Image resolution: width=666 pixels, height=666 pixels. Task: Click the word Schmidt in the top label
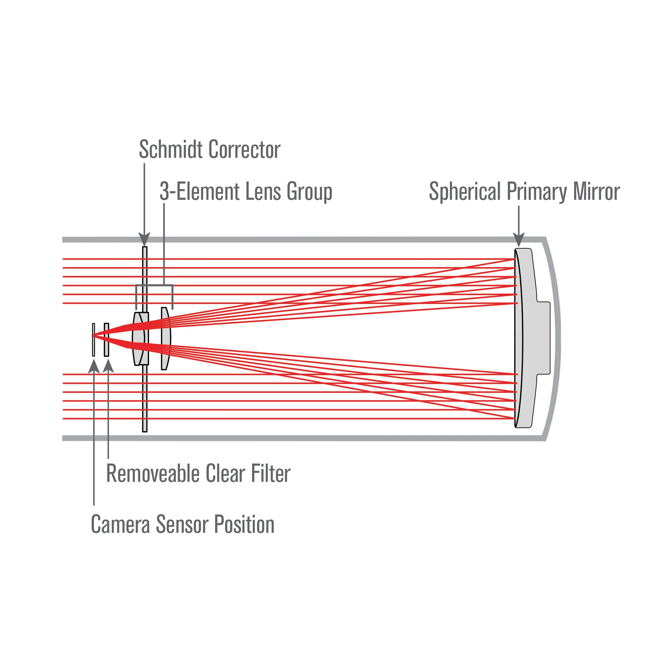[x=171, y=150]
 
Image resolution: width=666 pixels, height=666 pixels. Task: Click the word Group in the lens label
[x=309, y=192]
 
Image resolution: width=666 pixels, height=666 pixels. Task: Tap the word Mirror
[x=596, y=191]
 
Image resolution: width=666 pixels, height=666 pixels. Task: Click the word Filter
[x=271, y=474]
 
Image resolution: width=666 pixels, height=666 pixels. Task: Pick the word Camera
[x=120, y=524]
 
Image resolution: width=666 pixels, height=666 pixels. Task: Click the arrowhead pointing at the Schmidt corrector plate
[x=145, y=238]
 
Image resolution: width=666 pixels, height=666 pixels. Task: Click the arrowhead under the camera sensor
[x=94, y=366]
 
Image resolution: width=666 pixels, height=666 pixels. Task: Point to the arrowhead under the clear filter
[x=108, y=366]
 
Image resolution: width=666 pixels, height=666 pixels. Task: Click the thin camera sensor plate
[x=94, y=340]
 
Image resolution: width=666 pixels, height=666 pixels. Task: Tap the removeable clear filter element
[x=107, y=340]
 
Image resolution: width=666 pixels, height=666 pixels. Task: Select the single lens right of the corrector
[x=166, y=339]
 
